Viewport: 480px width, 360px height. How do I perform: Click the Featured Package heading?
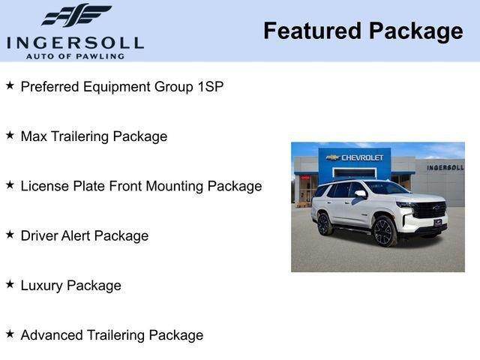[x=363, y=31]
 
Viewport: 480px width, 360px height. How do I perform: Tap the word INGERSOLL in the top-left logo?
[x=75, y=42]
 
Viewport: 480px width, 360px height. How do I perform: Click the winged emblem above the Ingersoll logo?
[x=76, y=15]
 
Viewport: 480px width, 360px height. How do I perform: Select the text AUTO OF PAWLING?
[x=75, y=56]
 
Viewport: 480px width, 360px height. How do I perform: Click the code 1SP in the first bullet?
[x=210, y=86]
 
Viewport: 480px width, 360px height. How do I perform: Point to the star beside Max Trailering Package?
[x=10, y=136]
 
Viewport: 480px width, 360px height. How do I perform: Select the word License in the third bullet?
[x=43, y=186]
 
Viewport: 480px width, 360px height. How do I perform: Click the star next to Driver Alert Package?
[x=10, y=235]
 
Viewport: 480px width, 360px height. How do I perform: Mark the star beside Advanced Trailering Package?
[x=10, y=334]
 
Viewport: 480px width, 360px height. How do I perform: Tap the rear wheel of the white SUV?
[x=325, y=223]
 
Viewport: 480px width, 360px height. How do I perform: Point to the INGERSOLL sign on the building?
[x=445, y=167]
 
